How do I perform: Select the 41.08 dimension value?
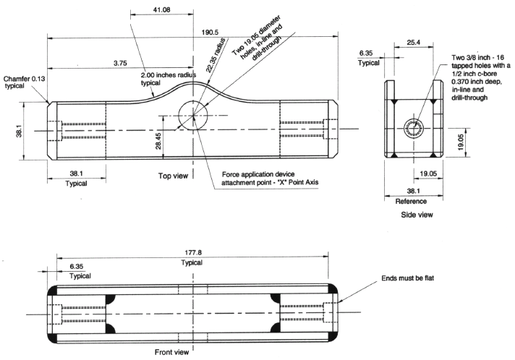[162, 10]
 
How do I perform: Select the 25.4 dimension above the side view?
[414, 43]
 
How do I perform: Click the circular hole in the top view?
[191, 116]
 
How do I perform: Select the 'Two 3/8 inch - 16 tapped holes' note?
[478, 76]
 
